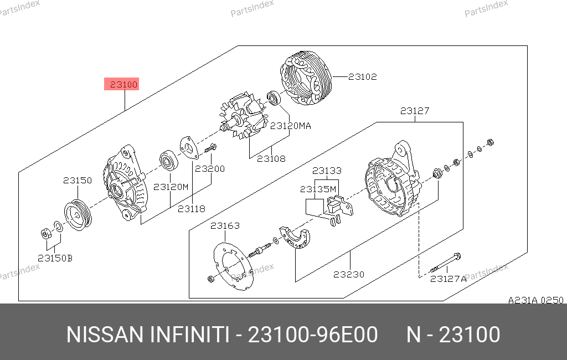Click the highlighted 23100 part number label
point(121,84)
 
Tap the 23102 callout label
point(362,76)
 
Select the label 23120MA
point(290,126)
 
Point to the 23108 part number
point(271,158)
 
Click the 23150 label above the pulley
point(78,180)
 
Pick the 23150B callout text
point(55,258)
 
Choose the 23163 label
point(225,226)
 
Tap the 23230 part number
point(349,274)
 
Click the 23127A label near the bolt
point(448,279)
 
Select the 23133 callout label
point(327,171)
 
